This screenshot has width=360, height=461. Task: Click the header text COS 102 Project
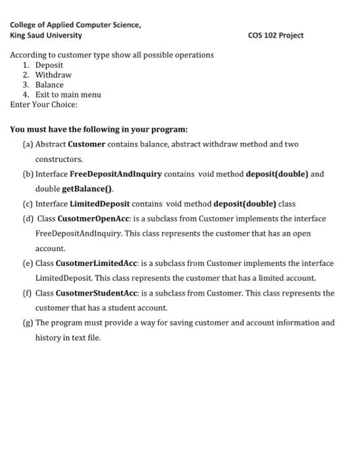(276, 35)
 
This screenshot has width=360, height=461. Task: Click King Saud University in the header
(46, 35)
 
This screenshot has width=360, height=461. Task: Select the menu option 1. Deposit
(43, 65)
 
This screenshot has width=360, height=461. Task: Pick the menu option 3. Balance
(43, 84)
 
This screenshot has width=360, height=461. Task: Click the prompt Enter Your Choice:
(44, 104)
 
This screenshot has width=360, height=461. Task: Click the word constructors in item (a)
(59, 159)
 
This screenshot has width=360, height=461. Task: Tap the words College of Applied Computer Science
(76, 24)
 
